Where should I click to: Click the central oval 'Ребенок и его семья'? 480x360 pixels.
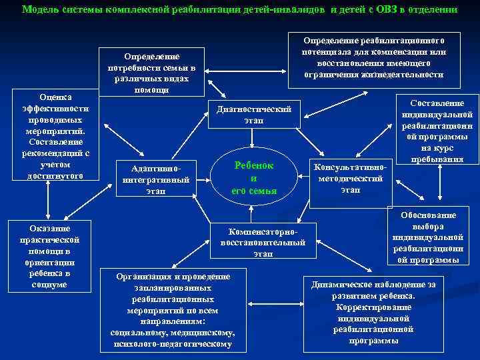[253, 178]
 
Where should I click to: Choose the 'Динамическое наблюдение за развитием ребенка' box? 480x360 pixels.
[373, 312]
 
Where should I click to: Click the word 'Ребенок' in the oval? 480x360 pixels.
[254, 165]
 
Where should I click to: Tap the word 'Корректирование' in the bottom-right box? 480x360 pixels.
[373, 307]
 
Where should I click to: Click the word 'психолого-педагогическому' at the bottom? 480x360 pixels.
[173, 344]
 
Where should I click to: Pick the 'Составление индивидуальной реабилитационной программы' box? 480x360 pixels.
[437, 131]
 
